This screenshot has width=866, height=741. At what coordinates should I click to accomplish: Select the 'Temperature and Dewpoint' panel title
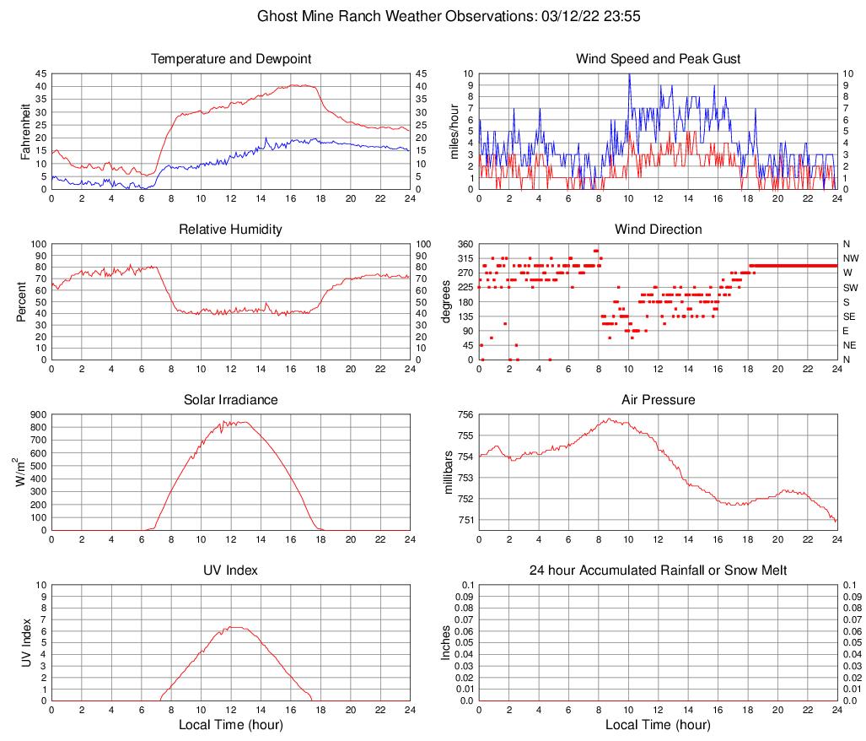pyautogui.click(x=231, y=59)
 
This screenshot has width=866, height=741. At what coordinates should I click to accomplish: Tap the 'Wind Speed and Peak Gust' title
pyautogui.click(x=659, y=59)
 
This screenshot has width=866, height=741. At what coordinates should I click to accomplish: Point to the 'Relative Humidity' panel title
pyautogui.click(x=231, y=230)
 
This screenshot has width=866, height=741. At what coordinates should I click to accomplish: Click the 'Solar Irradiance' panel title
pyautogui.click(x=231, y=399)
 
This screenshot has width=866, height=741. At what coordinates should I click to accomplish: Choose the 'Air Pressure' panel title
pyautogui.click(x=659, y=399)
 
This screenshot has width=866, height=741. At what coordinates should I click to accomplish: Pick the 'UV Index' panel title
pyautogui.click(x=231, y=571)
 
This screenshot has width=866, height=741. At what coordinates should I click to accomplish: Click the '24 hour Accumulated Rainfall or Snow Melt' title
pyautogui.click(x=659, y=571)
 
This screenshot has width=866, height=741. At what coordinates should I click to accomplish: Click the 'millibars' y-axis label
pyautogui.click(x=449, y=473)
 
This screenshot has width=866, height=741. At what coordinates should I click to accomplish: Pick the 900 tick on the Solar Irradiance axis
pyautogui.click(x=37, y=414)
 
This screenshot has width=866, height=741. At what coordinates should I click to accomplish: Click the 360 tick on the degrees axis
pyautogui.click(x=462, y=244)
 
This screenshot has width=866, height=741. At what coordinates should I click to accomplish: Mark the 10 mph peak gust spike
pyautogui.click(x=629, y=75)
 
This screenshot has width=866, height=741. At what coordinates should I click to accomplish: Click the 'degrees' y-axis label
pyautogui.click(x=447, y=302)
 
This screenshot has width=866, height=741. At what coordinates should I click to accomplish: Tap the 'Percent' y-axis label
pyautogui.click(x=20, y=302)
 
